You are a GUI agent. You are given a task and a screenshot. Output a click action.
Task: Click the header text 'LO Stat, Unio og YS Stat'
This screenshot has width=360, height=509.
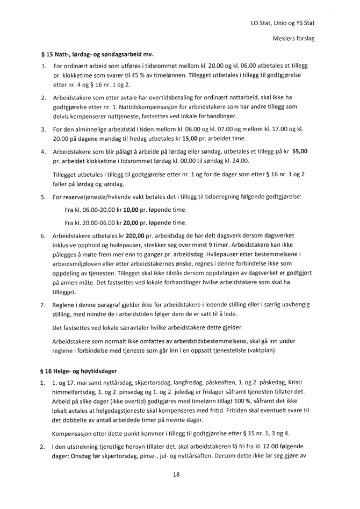[283, 23]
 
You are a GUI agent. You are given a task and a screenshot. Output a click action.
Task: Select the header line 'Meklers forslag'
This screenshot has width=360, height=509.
[294, 39]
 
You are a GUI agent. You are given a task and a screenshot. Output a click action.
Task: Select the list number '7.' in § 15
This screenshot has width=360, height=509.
[43, 305]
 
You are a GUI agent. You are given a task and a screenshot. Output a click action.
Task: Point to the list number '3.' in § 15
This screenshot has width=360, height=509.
[43, 129]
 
